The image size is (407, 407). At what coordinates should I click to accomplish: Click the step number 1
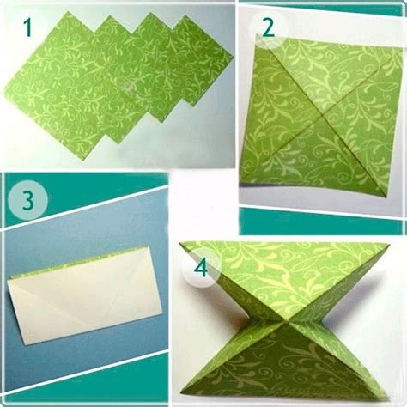(28, 27)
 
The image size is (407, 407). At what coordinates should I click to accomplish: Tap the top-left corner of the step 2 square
(256, 34)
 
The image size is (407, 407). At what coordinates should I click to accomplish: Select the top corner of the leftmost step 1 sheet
(68, 12)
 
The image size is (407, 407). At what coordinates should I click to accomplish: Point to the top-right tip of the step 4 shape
(390, 245)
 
